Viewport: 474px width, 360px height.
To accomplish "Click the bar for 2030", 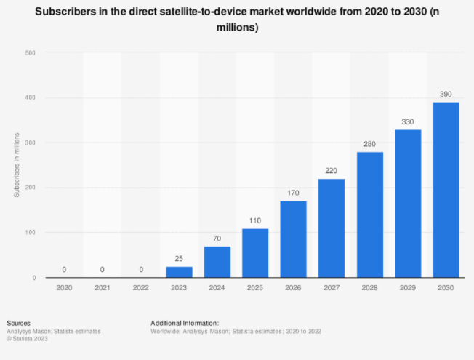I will coord(446,190).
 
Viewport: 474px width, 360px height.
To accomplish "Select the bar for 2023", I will coord(180,272).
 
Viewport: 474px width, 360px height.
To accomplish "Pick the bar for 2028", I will coord(370,215).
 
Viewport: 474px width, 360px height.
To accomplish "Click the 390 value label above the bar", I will coord(446,95).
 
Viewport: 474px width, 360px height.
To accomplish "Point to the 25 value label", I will coord(180,259).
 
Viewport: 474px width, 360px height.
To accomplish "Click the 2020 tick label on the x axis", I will coord(65,288).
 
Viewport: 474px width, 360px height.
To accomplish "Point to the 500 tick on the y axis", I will coord(31,53).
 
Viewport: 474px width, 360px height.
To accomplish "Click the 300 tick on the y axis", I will coord(31,143).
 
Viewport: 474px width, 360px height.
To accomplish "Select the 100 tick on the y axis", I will coord(31,233).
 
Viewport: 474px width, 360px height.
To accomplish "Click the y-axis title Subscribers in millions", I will coord(16,165).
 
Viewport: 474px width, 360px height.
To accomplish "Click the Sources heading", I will coord(17,322).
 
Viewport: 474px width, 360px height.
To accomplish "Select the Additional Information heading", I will coord(185,322).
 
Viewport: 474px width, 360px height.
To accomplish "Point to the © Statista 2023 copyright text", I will coord(27,338).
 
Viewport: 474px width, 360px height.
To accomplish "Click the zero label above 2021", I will coord(103,270).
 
